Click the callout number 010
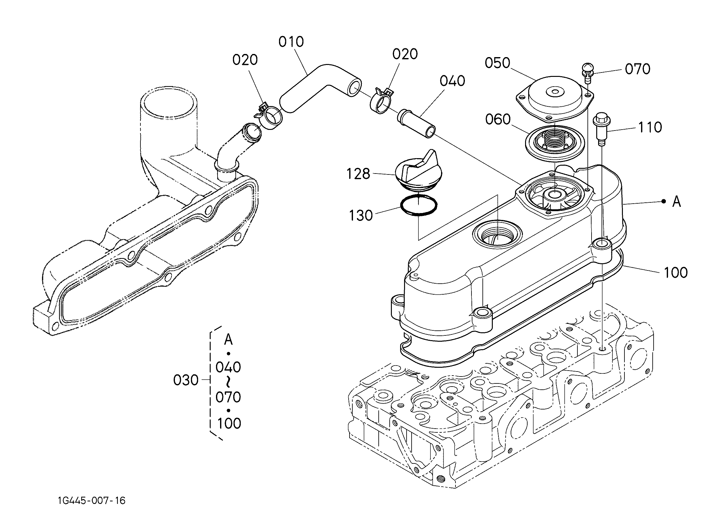(291, 42)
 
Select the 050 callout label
(497, 63)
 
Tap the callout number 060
(498, 119)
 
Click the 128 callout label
(358, 174)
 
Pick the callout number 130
(361, 215)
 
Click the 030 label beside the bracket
(186, 380)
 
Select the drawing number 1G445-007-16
(92, 501)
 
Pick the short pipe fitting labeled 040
(416, 123)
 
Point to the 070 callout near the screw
(637, 69)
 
